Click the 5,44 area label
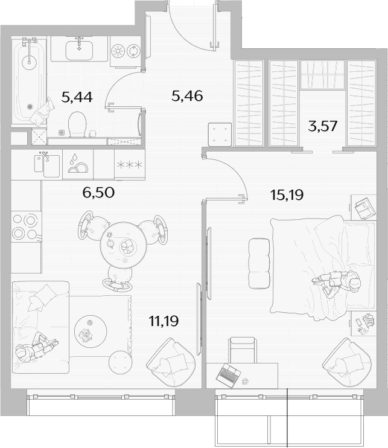tap(77, 98)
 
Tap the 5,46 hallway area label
tap(187, 96)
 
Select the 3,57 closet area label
tap(323, 126)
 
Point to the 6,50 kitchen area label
tap(98, 193)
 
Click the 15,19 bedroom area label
tap(287, 195)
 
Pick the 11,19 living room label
tap(164, 321)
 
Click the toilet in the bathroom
tap(77, 124)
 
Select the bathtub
tap(29, 82)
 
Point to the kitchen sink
tap(47, 164)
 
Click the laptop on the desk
tap(228, 374)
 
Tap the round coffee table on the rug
tap(91, 331)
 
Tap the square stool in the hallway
tap(220, 134)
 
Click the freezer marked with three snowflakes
tap(130, 165)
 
